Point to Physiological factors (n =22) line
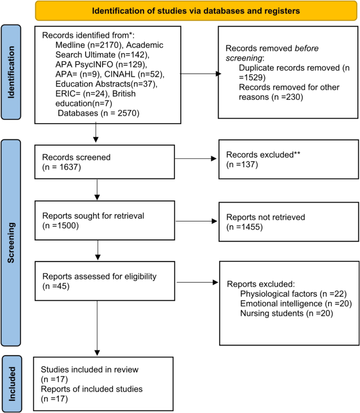click(x=293, y=293)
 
